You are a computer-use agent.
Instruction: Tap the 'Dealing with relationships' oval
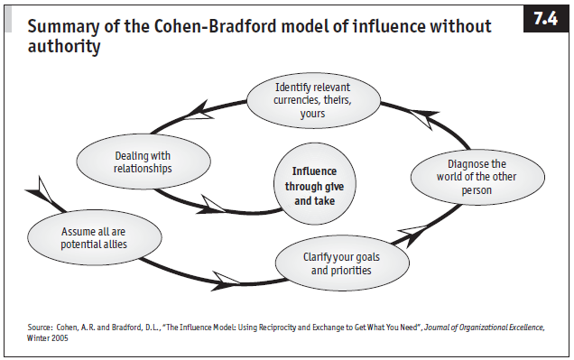(143, 161)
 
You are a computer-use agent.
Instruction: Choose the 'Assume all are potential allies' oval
(95, 237)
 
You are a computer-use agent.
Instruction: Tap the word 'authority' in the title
(64, 46)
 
